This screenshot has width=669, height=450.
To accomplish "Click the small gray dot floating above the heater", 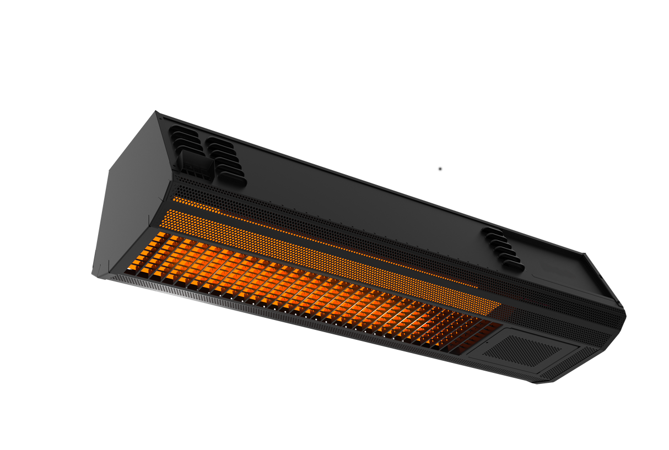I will tap(440, 169).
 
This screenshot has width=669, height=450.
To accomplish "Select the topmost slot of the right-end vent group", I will tap(490, 231).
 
